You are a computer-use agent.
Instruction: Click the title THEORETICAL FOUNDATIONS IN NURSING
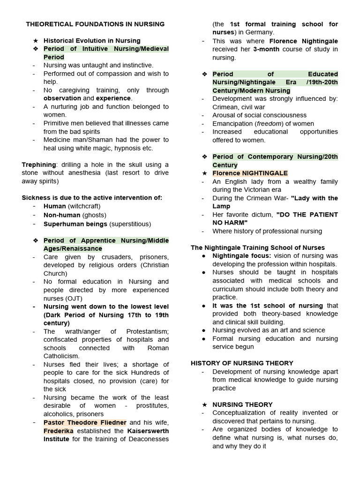[x=95, y=24]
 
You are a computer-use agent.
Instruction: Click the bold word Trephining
[x=38, y=165]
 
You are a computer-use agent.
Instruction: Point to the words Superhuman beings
[x=75, y=224]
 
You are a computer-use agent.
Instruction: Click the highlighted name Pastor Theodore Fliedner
[x=85, y=422]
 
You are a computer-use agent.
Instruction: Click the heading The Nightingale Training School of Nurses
[x=257, y=247]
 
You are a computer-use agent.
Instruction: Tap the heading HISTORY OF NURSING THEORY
[x=242, y=363]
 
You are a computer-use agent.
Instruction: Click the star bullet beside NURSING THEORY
[x=204, y=405]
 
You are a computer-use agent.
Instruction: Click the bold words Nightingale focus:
[x=241, y=256]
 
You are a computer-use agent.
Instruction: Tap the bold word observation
[x=62, y=98]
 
